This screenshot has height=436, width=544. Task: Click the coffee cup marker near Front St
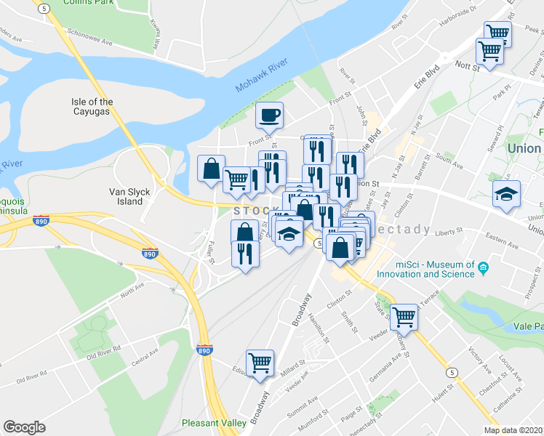(269, 114)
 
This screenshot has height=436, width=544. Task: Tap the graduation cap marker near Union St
(506, 194)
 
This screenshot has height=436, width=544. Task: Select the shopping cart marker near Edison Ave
(260, 362)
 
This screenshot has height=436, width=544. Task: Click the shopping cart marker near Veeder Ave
(404, 316)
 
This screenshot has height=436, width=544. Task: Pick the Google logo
(25, 427)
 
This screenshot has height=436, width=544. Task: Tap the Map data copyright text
(513, 430)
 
